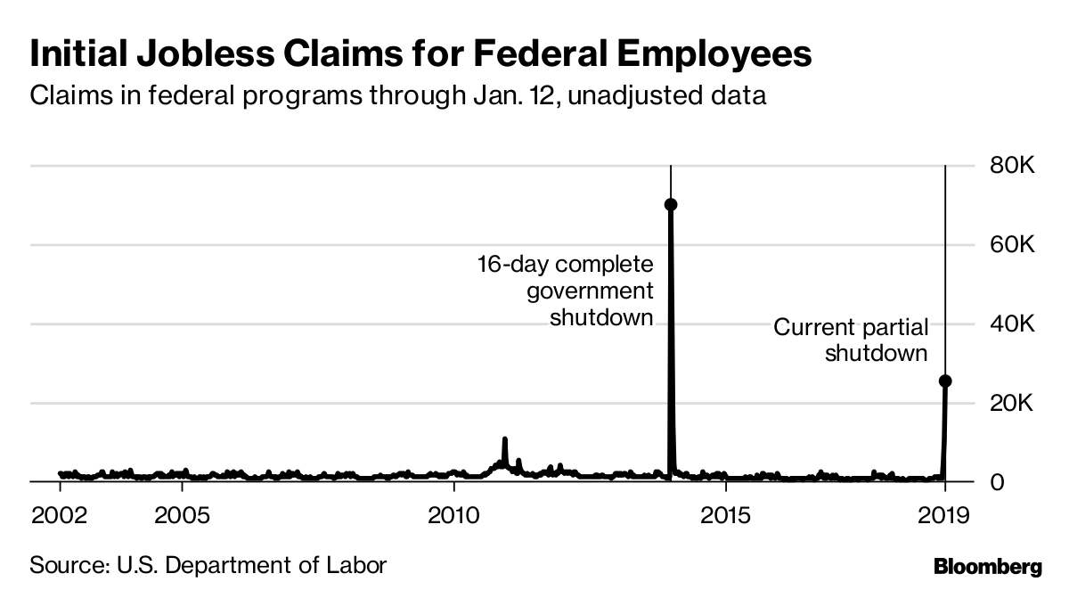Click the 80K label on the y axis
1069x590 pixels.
point(1012,167)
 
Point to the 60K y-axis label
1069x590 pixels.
point(1012,245)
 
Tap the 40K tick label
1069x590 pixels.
point(1012,324)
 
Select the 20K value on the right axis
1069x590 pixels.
point(1012,404)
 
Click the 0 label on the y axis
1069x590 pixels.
point(999,482)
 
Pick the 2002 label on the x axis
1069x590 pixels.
point(60,516)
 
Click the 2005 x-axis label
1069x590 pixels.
point(182,516)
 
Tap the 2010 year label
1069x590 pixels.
point(453,516)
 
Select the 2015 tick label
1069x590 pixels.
point(726,516)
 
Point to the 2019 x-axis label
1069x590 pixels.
point(943,516)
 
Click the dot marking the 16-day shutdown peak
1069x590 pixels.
point(671,204)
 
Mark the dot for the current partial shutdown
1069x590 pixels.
point(945,381)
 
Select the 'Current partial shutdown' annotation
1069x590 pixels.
point(851,340)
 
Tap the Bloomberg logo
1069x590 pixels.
point(987,567)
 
